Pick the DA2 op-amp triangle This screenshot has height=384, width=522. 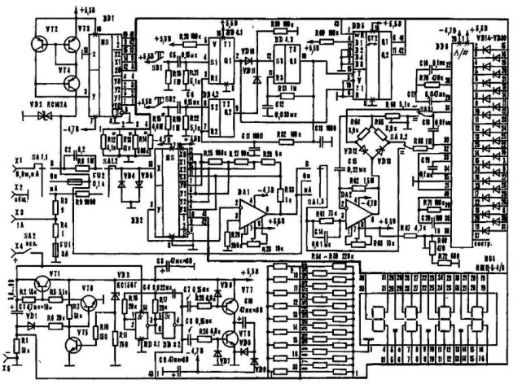356,214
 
